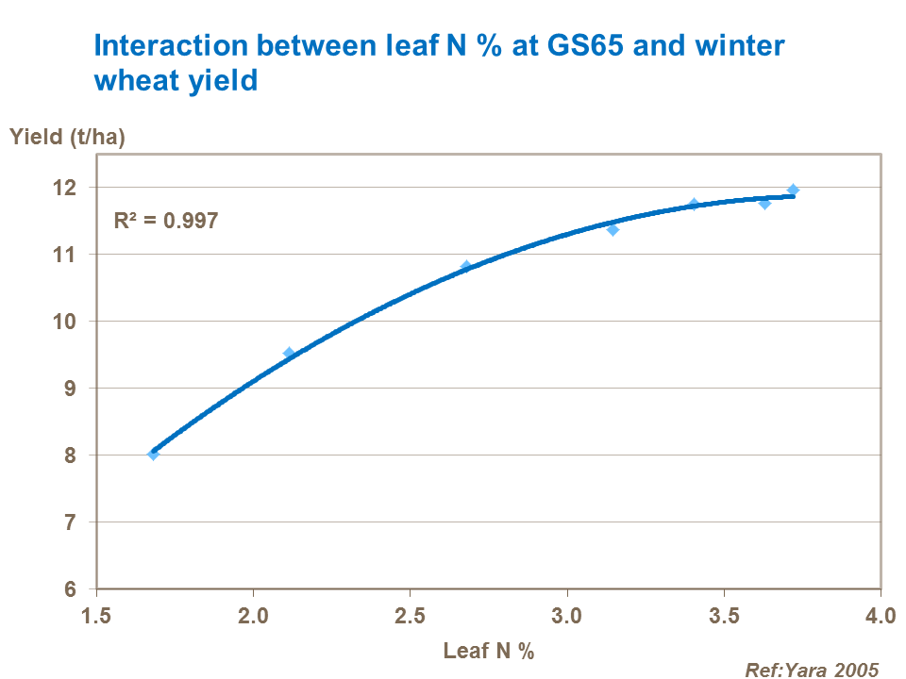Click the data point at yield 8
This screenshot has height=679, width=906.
[153, 454]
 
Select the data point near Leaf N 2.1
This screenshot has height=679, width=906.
[289, 353]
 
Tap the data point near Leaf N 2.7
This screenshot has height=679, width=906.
[466, 266]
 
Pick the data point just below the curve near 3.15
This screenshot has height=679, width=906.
[612, 229]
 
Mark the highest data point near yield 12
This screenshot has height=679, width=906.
[793, 190]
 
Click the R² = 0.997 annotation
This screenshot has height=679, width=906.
[166, 221]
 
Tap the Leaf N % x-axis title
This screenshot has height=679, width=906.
[489, 650]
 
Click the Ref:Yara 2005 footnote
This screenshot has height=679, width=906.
[812, 670]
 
